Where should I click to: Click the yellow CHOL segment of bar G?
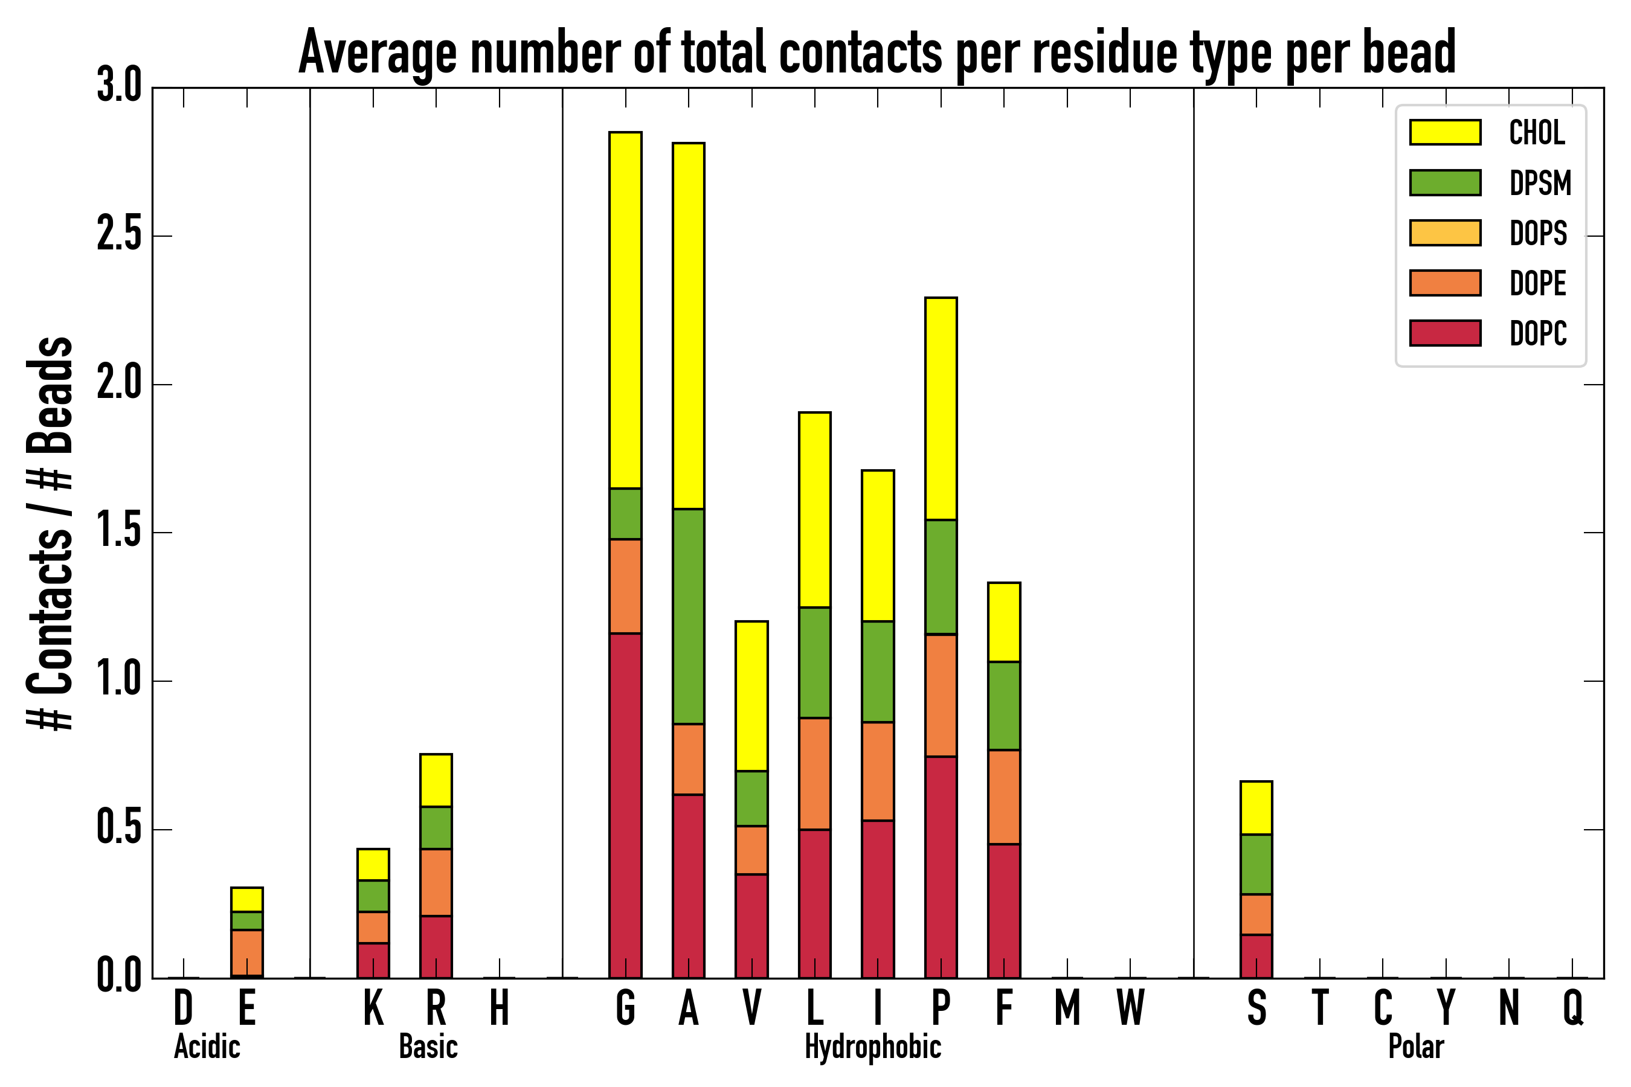[x=625, y=310]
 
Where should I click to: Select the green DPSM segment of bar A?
[x=688, y=617]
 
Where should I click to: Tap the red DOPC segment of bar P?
[x=941, y=867]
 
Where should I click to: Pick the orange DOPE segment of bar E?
[x=247, y=952]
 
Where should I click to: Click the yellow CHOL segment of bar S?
[x=1256, y=807]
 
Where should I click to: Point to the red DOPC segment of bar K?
[x=373, y=960]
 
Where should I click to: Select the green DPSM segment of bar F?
[x=1003, y=706]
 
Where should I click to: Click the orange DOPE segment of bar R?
[x=436, y=882]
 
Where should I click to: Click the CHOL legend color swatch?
[x=1445, y=132]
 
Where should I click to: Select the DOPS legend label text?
[x=1538, y=233]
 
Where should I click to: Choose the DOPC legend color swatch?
[x=1445, y=333]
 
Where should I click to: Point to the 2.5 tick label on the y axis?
[x=118, y=236]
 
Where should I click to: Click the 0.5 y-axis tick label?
[x=118, y=829]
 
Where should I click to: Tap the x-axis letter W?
[x=1130, y=1008]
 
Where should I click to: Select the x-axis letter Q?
[x=1573, y=1008]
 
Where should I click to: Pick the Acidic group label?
[x=207, y=1047]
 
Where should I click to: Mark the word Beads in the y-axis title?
[x=51, y=395]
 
